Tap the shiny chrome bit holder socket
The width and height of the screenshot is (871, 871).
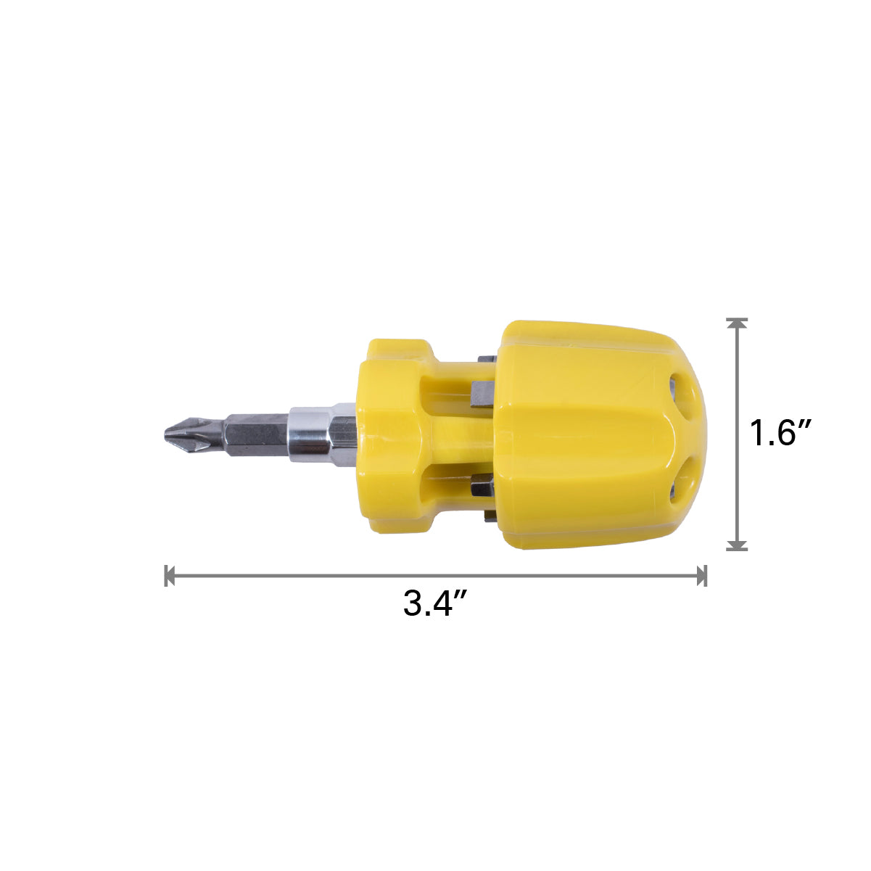pyautogui.click(x=322, y=434)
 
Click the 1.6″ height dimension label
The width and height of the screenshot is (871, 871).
pyautogui.click(x=780, y=433)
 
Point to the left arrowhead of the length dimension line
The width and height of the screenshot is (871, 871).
pyautogui.click(x=170, y=575)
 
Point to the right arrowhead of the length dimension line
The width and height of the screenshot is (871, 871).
pyautogui.click(x=701, y=575)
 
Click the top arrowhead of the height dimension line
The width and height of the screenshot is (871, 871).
pyautogui.click(x=737, y=323)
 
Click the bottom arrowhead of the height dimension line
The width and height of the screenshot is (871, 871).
pyautogui.click(x=737, y=545)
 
